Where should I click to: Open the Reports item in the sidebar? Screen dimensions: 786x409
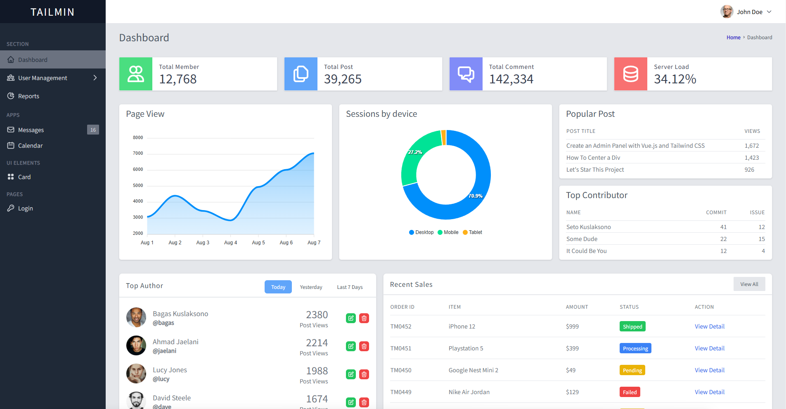[x=28, y=96]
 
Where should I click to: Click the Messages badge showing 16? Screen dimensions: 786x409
[x=93, y=130]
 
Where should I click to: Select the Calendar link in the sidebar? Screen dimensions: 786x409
[x=30, y=146]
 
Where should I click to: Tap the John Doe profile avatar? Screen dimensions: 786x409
[x=727, y=12]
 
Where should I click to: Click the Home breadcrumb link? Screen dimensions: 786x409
[x=733, y=38]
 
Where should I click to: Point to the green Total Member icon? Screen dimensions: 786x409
[x=136, y=74]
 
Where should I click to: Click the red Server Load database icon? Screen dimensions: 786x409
[x=630, y=74]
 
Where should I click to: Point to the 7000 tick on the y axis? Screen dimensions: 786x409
[x=138, y=154]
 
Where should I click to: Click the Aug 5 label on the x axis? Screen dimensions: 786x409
[x=258, y=243]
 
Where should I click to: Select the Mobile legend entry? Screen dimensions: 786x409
[x=448, y=232]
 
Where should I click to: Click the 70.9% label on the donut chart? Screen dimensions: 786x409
[x=475, y=196]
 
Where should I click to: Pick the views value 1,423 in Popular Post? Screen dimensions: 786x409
[x=752, y=158]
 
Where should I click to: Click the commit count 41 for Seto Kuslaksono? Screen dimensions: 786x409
[x=723, y=227]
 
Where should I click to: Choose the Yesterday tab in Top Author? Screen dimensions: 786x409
[x=311, y=287]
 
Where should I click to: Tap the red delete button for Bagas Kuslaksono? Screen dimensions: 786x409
[x=364, y=318]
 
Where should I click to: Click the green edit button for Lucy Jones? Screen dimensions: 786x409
[x=351, y=374]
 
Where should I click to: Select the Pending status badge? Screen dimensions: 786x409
[x=632, y=370]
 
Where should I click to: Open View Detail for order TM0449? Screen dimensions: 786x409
[x=710, y=392]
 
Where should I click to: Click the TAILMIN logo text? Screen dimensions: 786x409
[x=52, y=12]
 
